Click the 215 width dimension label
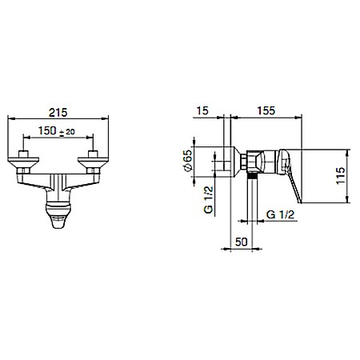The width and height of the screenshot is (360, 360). [x=58, y=112]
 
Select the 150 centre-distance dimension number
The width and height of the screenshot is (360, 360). [x=47, y=130]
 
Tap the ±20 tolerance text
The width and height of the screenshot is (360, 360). [x=66, y=132]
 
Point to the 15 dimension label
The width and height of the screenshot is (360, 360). [x=202, y=110]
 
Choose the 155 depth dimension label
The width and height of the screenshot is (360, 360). [x=266, y=110]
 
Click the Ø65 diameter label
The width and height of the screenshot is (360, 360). [x=187, y=161]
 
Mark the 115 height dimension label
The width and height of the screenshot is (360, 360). [x=341, y=176]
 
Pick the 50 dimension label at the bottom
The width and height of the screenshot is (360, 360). [x=242, y=242]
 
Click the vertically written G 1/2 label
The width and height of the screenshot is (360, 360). [x=209, y=200]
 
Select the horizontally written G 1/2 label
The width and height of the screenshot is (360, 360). [x=280, y=214]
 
